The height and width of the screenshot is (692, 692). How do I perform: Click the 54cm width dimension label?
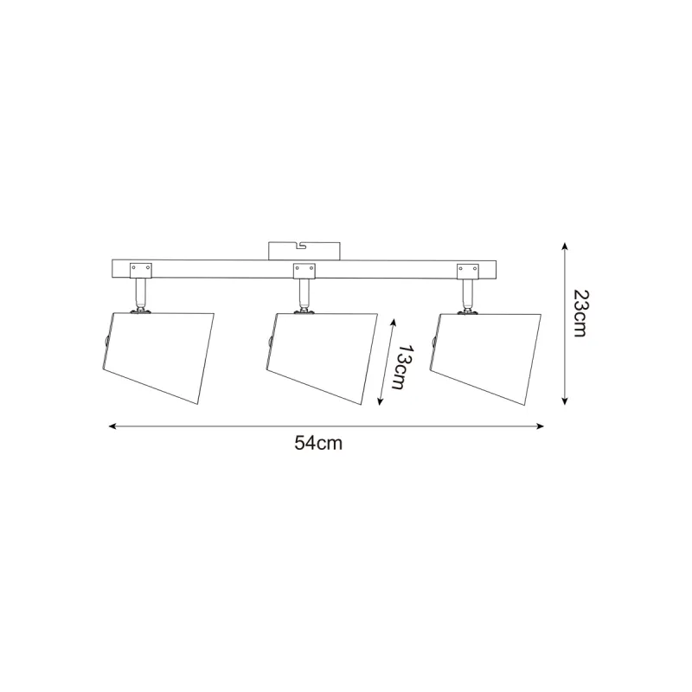[x=318, y=443]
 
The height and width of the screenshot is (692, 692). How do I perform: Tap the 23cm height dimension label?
[x=580, y=313]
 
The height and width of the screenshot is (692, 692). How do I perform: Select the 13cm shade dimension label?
[x=403, y=367]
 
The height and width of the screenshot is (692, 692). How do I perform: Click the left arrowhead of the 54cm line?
[x=112, y=426]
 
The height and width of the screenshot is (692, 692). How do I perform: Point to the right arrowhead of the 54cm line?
[x=540, y=426]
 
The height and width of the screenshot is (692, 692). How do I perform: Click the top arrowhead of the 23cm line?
[x=564, y=247]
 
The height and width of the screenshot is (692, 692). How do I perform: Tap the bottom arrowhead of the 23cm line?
[x=564, y=400]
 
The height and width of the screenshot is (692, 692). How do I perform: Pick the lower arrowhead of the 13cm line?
[x=380, y=400]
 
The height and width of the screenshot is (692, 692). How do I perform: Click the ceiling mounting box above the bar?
[x=304, y=251]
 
